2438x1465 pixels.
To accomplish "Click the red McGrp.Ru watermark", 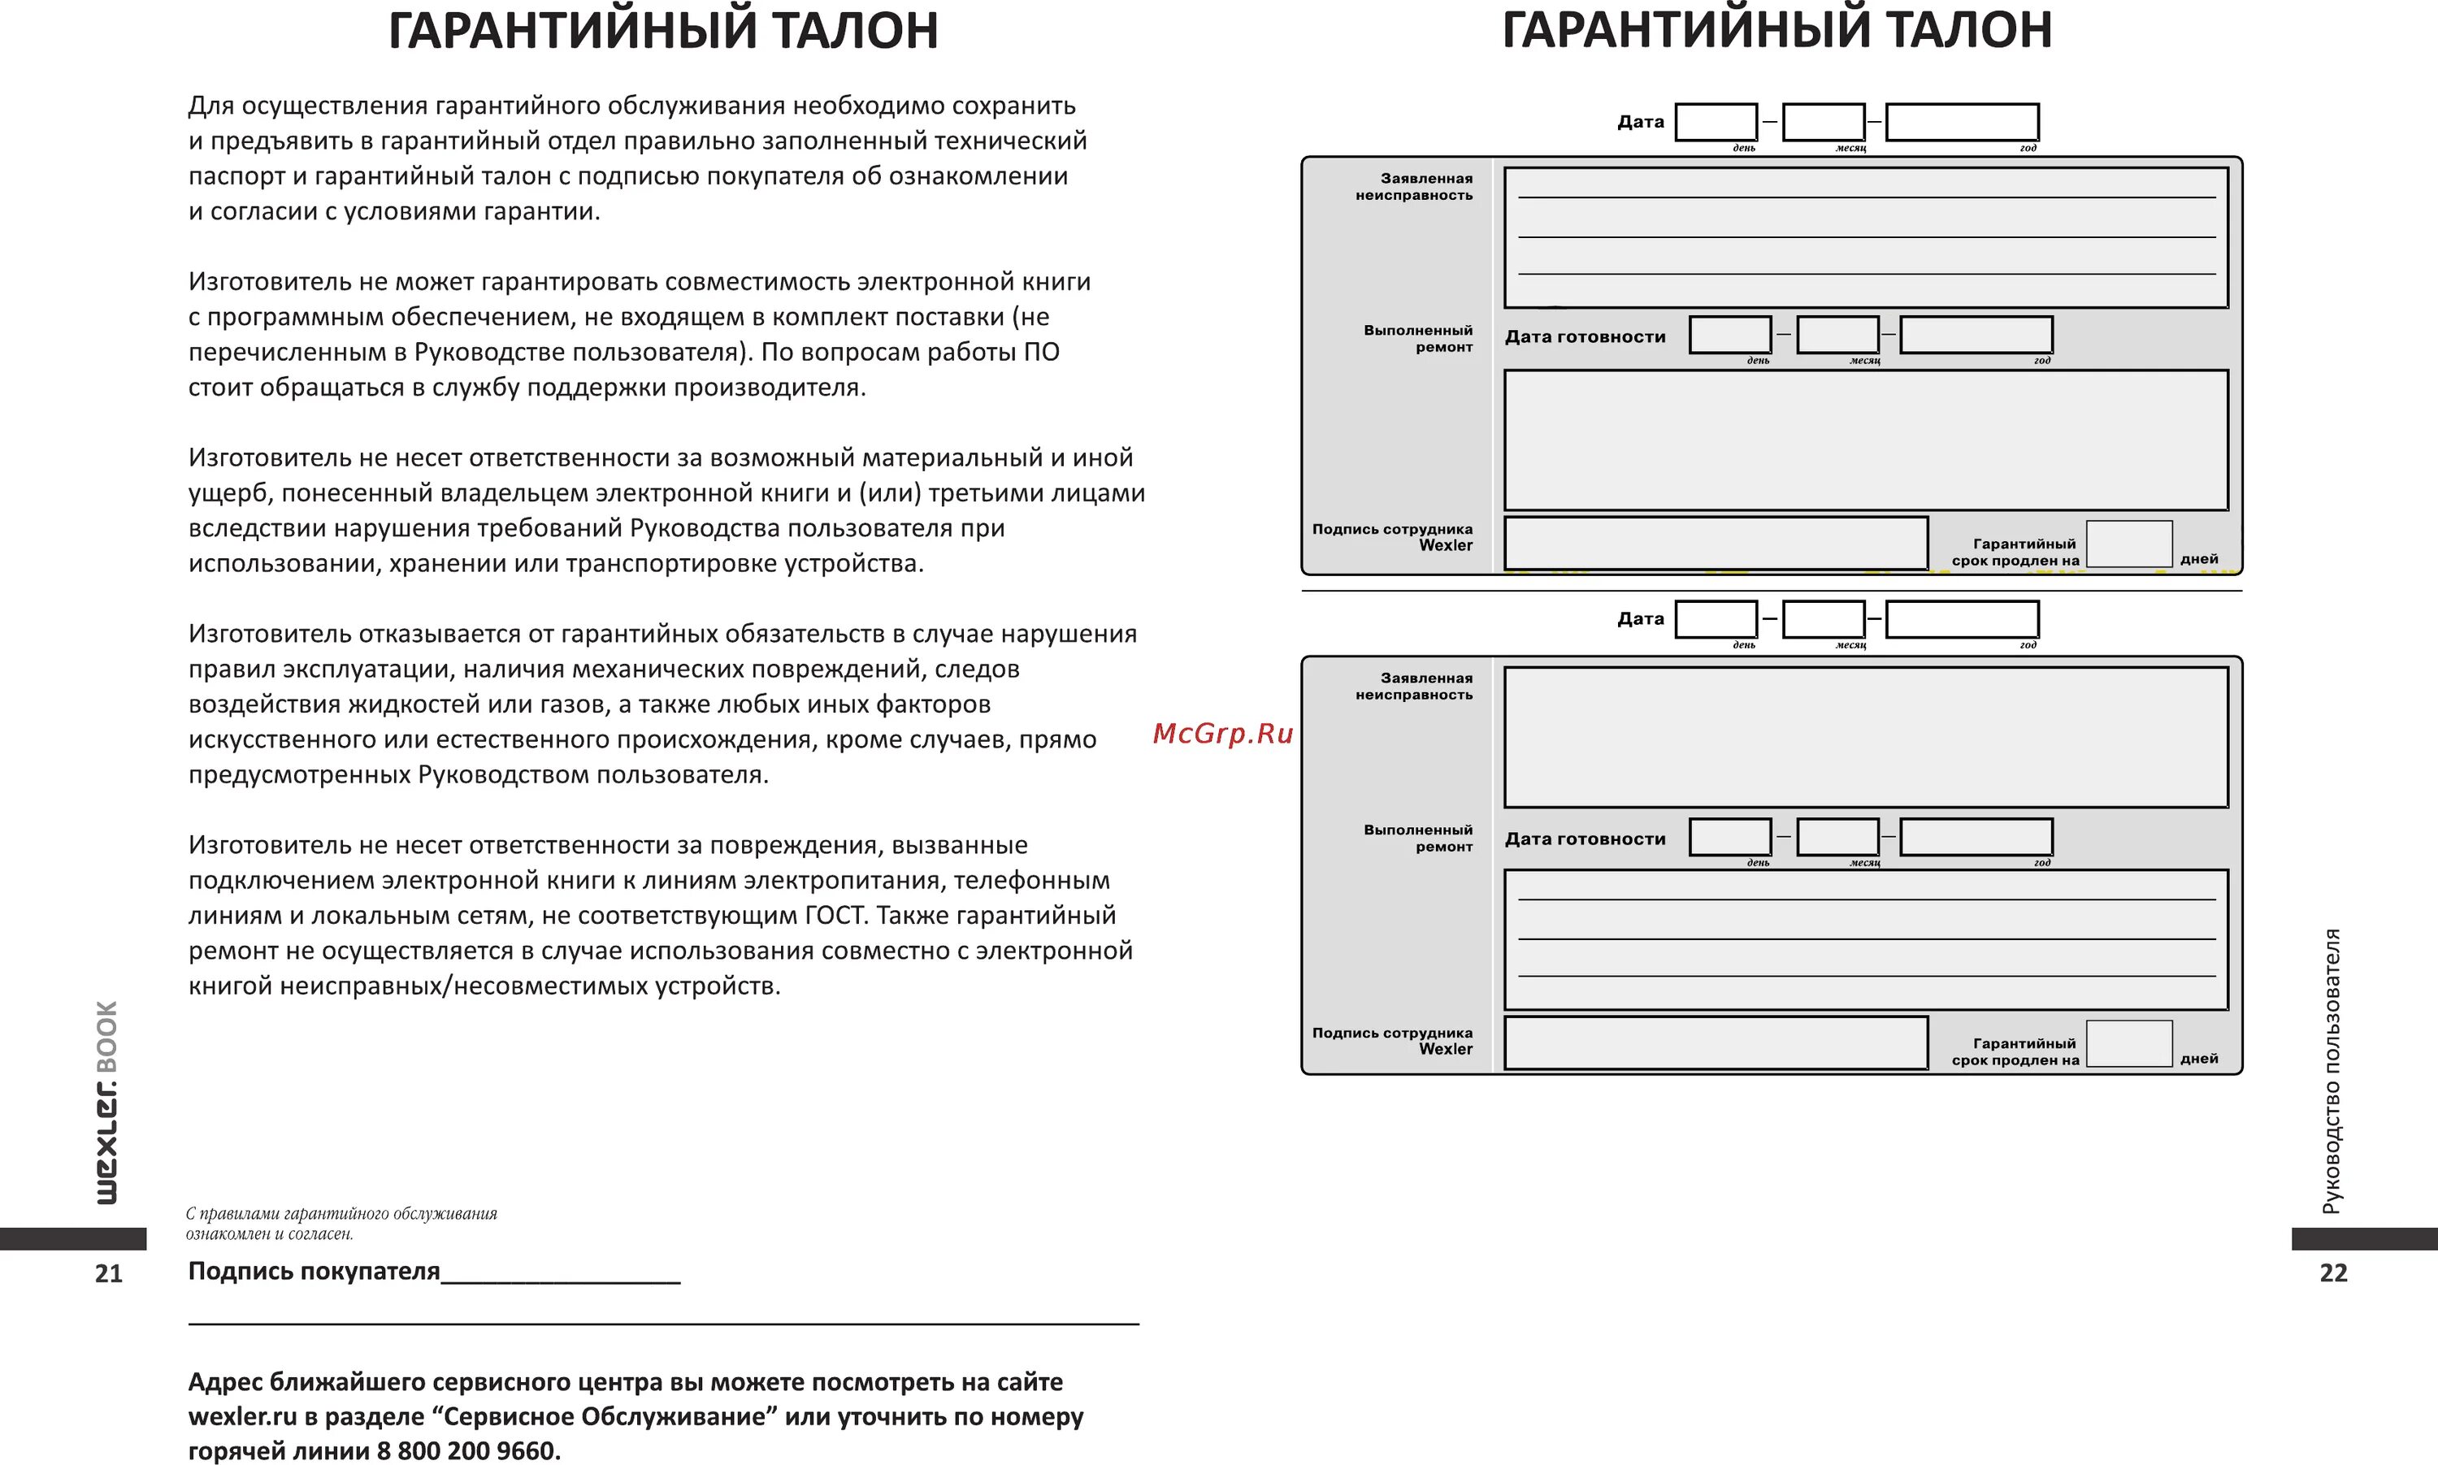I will click(x=1222, y=734).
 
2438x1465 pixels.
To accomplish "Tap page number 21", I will click(x=109, y=1273).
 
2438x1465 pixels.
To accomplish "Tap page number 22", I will click(x=2333, y=1272).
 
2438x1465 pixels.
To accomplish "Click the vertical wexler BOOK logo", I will click(x=106, y=1103).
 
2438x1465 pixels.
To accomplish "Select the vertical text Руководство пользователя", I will click(x=2332, y=1071).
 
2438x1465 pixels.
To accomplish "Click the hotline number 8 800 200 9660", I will click(x=468, y=1450).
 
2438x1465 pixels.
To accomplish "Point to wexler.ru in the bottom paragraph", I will click(x=242, y=1416).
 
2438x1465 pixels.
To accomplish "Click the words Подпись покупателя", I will click(x=314, y=1271).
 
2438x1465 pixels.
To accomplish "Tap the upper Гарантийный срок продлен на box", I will click(x=2129, y=544).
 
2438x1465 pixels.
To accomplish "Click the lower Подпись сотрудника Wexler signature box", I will click(x=1716, y=1043).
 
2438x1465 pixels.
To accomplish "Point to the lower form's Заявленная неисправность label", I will click(x=1414, y=686).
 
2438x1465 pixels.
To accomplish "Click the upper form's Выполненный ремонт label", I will click(x=1418, y=339).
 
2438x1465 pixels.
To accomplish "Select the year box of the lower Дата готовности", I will click(x=1976, y=837).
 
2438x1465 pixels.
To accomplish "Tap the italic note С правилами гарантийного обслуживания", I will click(x=341, y=1213).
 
